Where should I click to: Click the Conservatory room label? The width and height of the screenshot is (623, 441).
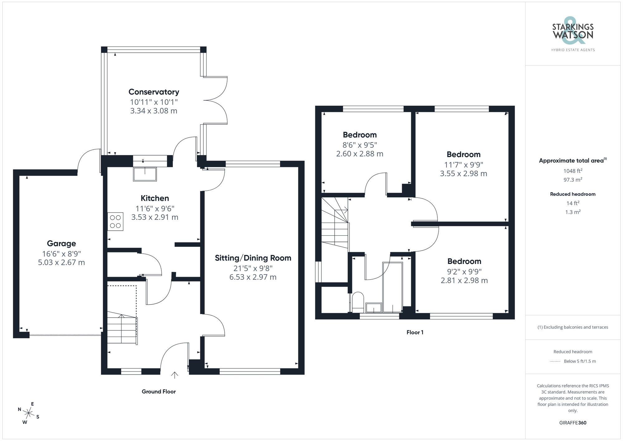(154, 92)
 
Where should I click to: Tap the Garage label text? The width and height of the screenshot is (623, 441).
(61, 243)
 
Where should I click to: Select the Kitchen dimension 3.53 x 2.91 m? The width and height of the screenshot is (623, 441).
(155, 217)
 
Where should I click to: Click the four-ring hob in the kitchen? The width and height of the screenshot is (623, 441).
(115, 222)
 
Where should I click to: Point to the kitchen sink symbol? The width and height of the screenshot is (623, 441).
(145, 174)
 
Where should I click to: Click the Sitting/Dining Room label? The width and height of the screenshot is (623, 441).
(253, 258)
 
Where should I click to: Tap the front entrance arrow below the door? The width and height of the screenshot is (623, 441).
(174, 375)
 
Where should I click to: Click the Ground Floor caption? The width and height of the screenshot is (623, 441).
(159, 392)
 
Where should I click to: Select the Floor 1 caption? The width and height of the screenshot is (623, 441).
(415, 333)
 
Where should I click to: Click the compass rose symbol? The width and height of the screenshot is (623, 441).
(28, 414)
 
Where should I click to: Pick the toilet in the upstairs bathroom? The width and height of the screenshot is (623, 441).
(358, 302)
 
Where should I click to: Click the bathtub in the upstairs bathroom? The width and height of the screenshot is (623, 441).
(392, 287)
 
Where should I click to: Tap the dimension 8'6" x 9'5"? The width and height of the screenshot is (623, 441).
(360, 145)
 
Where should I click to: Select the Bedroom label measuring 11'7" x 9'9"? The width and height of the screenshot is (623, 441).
(464, 155)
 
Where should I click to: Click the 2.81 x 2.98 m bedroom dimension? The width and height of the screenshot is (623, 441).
(464, 280)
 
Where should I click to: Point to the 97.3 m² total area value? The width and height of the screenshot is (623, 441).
(573, 180)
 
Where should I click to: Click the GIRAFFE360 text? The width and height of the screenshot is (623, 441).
(573, 423)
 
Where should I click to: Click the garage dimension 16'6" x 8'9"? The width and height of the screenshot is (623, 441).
(61, 254)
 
